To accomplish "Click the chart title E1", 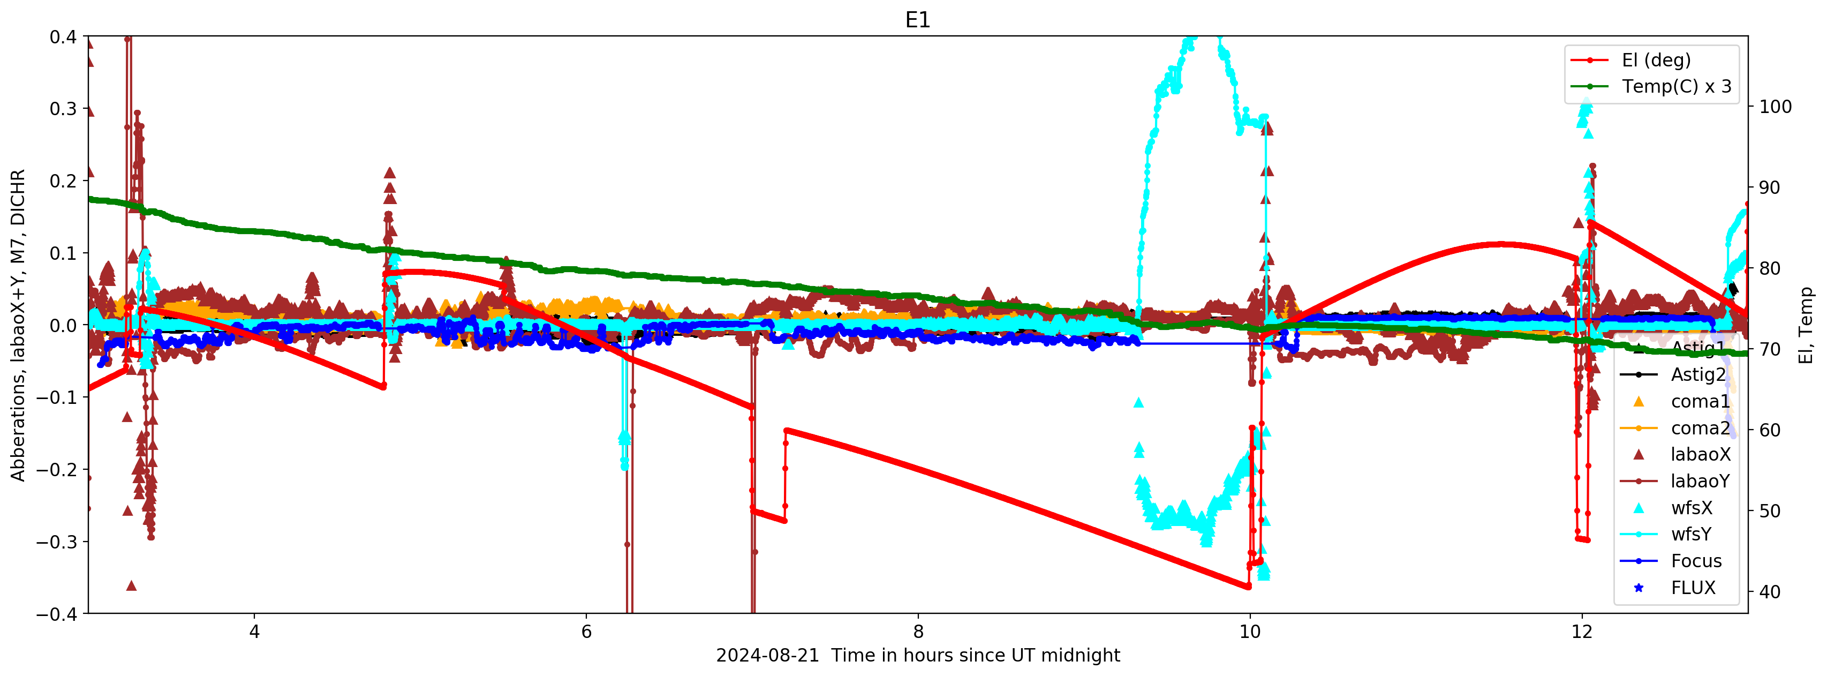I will coord(917,20).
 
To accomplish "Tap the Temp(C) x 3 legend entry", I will coord(1676,87).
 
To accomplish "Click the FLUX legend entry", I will coord(1692,588).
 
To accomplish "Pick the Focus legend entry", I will coord(1696,561).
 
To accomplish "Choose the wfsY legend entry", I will coord(1691,534).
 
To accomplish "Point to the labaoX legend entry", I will coord(1700,455).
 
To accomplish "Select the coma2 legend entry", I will coord(1700,429).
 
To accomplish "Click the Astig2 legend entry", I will coord(1698,374).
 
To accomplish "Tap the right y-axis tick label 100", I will coord(1775,107).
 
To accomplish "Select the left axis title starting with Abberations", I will coord(18,325).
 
